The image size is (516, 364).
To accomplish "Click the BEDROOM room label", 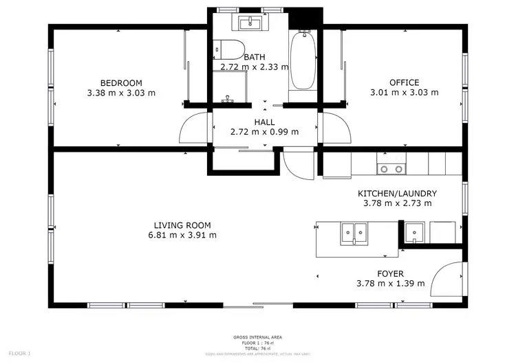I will coord(121,83).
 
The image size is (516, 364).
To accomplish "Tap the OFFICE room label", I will coord(404,83).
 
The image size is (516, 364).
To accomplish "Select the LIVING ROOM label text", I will coord(182,225).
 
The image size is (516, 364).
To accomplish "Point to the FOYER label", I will coord(390,274).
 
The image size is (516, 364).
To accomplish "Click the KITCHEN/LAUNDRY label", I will coord(397,194).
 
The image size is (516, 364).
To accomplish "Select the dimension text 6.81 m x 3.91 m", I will coord(182,235).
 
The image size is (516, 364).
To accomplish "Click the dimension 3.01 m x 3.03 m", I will coord(404,92).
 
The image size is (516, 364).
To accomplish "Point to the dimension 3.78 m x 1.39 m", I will coord(390,283).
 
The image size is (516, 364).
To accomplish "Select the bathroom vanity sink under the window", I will coord(250,23).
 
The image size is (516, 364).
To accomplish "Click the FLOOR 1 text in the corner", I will coord(19,353).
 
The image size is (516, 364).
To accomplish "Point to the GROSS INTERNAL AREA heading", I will coord(258,337).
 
